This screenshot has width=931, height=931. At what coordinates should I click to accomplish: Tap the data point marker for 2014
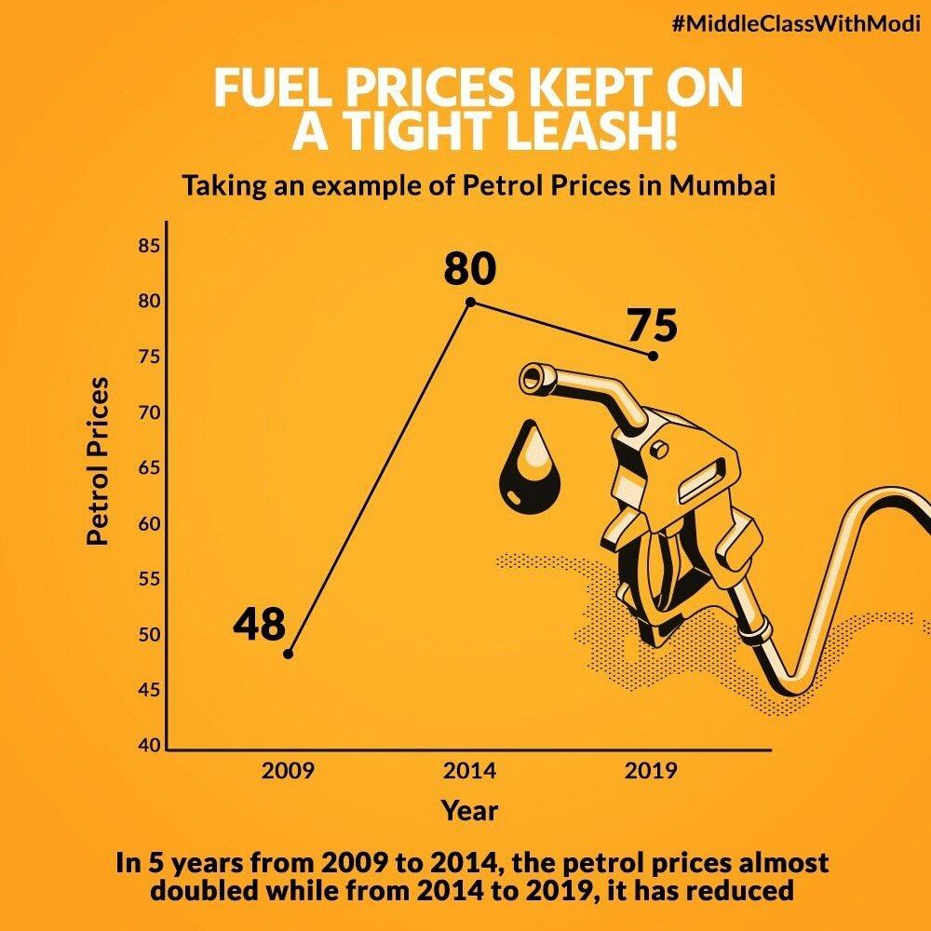coord(470,302)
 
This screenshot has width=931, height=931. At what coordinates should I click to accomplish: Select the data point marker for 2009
coord(288,654)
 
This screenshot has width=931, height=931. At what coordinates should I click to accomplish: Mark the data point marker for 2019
coord(653,356)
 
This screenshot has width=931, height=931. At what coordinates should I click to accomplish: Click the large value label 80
coord(469,269)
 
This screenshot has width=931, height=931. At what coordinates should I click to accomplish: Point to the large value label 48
coord(259,625)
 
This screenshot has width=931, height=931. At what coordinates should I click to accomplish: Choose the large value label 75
coord(652,326)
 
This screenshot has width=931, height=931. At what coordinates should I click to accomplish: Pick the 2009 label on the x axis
coord(288,772)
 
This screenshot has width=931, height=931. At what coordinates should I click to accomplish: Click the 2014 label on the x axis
coord(470,772)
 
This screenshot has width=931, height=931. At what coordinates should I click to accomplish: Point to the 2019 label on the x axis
coord(652,772)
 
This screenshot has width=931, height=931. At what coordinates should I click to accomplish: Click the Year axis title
coord(470,810)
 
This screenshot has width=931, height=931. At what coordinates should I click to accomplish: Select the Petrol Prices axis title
coord(98,461)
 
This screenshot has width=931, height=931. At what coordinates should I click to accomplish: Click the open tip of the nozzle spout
coord(532,377)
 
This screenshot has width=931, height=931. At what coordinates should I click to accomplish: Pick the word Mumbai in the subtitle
coord(722,184)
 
